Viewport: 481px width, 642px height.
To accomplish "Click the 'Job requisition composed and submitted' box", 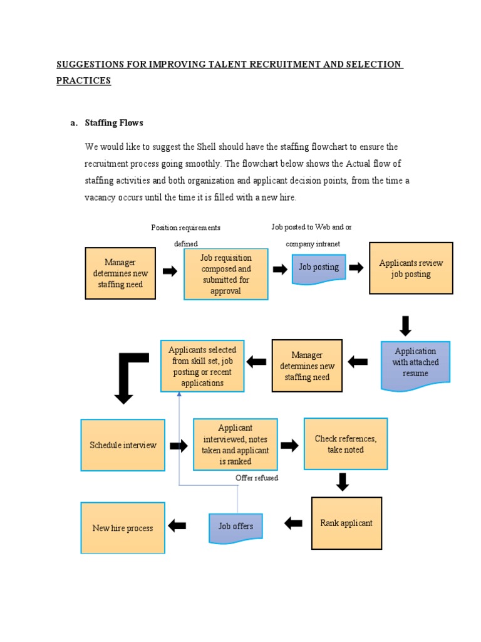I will pyautogui.click(x=225, y=274).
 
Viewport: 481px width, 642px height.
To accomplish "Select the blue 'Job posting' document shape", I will pyautogui.click(x=319, y=268).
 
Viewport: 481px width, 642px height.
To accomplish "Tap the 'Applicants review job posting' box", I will pyautogui.click(x=411, y=268).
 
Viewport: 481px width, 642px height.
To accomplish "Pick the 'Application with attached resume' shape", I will pyautogui.click(x=415, y=364).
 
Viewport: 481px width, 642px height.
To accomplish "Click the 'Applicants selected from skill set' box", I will pyautogui.click(x=202, y=366).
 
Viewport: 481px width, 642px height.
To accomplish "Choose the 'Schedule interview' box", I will pyautogui.click(x=123, y=445).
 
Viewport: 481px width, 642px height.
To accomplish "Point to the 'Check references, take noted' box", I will pyautogui.click(x=345, y=444).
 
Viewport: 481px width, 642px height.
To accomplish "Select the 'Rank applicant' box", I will pyautogui.click(x=346, y=523).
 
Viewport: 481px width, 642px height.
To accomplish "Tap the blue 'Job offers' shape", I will pyautogui.click(x=235, y=527).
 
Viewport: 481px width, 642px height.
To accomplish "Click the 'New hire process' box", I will pyautogui.click(x=123, y=528).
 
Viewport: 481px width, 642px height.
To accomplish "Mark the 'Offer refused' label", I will pyautogui.click(x=257, y=478).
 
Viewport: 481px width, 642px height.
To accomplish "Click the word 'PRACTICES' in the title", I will pyautogui.click(x=83, y=81).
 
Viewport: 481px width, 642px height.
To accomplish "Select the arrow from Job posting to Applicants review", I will pyautogui.click(x=356, y=268).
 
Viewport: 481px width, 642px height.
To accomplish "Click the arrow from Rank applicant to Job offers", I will pyautogui.click(x=293, y=523).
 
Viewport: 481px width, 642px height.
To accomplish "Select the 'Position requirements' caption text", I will pyautogui.click(x=185, y=228).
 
